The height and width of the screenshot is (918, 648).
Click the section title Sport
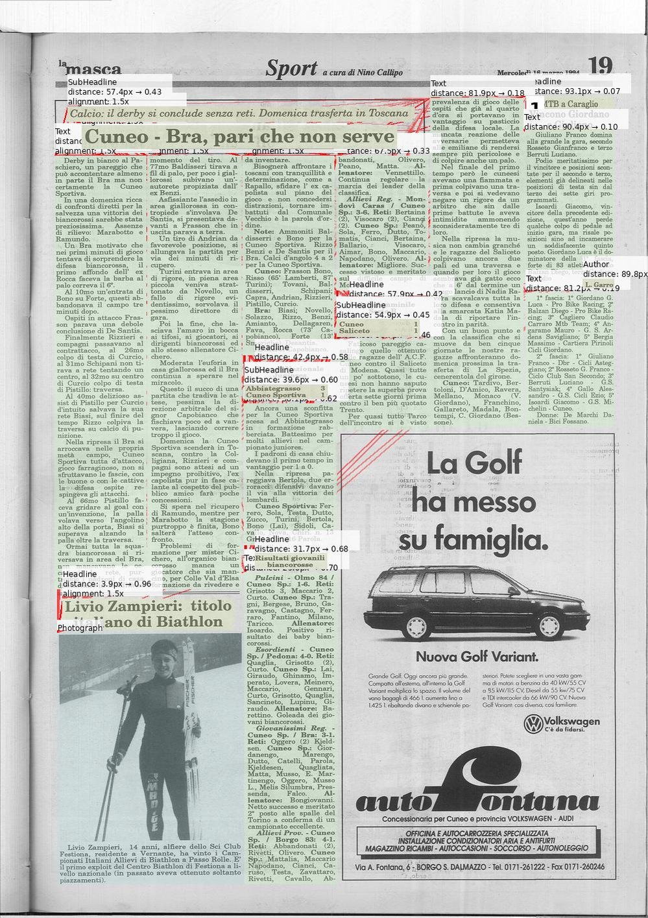(291, 69)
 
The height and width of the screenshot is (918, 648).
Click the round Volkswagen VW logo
(533, 723)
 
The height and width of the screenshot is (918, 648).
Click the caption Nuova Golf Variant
(477, 657)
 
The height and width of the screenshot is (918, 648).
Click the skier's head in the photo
(164, 655)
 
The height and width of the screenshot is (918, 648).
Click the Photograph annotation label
(80, 628)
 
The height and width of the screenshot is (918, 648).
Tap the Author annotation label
(595, 265)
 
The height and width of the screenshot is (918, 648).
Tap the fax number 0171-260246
(577, 867)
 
